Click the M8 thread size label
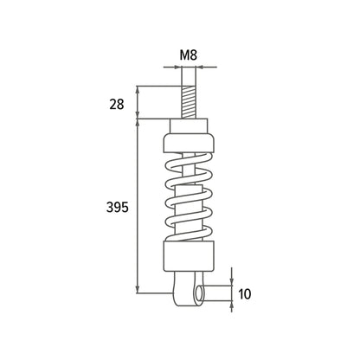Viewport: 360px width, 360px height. point(189,55)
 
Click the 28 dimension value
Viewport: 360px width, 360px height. point(117,104)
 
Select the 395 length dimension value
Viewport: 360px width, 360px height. point(117,207)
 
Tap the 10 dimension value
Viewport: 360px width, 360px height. point(245,294)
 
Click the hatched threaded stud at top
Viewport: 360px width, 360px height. point(189,102)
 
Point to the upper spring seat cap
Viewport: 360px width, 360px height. point(189,143)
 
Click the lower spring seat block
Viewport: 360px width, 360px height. point(189,256)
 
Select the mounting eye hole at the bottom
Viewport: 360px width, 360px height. point(199,293)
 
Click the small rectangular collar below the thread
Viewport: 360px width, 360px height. point(189,125)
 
